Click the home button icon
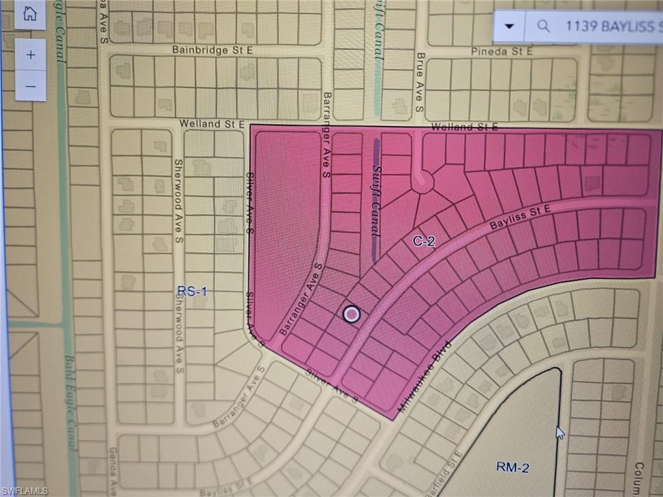30,14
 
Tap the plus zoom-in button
30,55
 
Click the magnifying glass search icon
544,26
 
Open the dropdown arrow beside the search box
510,26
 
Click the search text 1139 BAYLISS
612,27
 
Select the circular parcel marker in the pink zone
351,315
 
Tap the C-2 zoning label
423,241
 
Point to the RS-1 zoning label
192,292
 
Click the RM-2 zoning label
512,467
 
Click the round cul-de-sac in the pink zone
422,182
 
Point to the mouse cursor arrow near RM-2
559,432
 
